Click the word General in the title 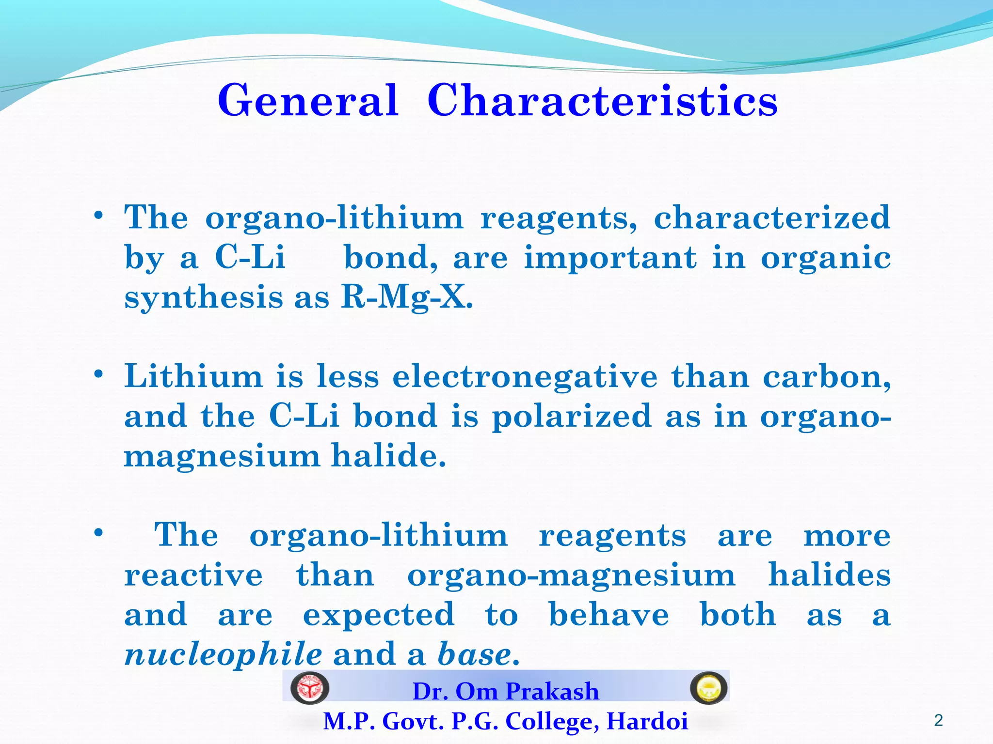point(308,101)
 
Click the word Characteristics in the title point(602,101)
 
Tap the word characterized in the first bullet point(772,217)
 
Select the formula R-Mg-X point(406,297)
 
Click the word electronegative point(525,376)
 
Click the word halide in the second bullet point(388,456)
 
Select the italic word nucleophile point(223,654)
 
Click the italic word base point(474,654)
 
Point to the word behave point(609,615)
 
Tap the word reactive point(193,575)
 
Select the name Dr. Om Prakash point(506,691)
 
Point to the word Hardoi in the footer point(647,721)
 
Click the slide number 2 point(938,721)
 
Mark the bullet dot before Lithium point(99,374)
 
